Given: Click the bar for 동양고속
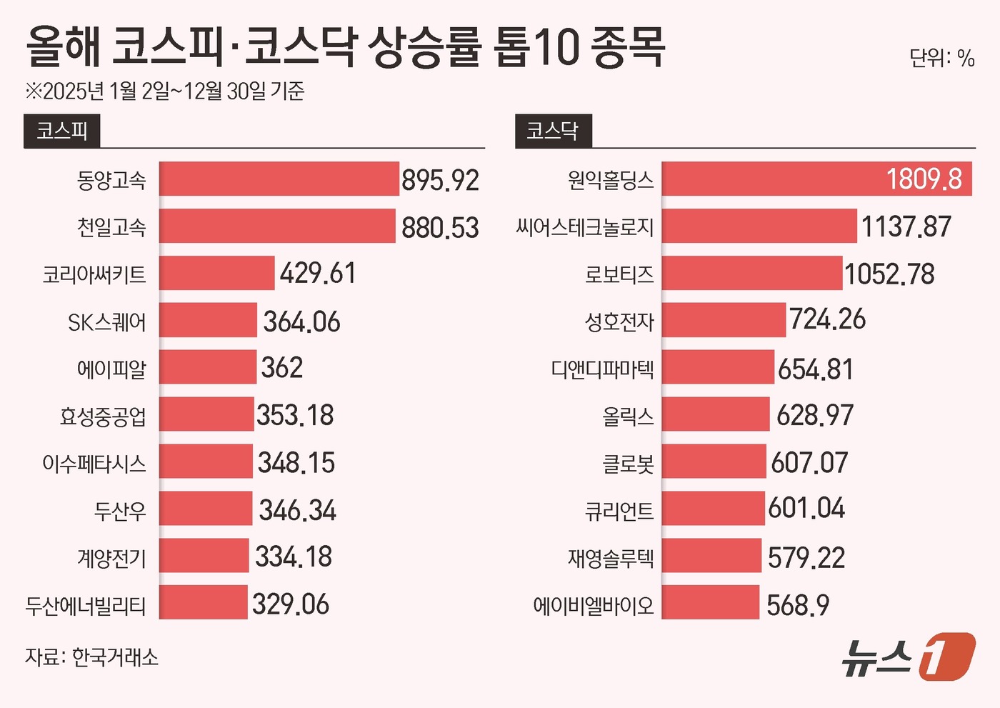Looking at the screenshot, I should coord(279,179).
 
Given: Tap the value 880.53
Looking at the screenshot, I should coord(440,227).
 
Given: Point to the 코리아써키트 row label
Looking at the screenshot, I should coord(94,274).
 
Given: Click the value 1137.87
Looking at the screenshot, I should coord(906,227).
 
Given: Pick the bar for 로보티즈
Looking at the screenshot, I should coord(751,274).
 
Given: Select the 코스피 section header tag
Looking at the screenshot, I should coord(62,131).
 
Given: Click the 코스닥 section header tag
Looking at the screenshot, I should coord(552,131).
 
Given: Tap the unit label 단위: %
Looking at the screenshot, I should coord(941,58).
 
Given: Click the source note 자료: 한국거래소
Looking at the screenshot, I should coord(91,657).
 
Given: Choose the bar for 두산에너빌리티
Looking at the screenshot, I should coord(203,603).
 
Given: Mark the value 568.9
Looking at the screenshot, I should coord(798,605).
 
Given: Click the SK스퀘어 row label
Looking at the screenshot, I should coord(107,322).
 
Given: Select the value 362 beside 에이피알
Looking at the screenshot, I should coord(282,368).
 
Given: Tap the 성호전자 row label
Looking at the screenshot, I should coord(619,321).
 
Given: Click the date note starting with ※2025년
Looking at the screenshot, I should coord(165,91).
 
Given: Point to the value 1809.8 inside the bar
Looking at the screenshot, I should coord(924,179).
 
